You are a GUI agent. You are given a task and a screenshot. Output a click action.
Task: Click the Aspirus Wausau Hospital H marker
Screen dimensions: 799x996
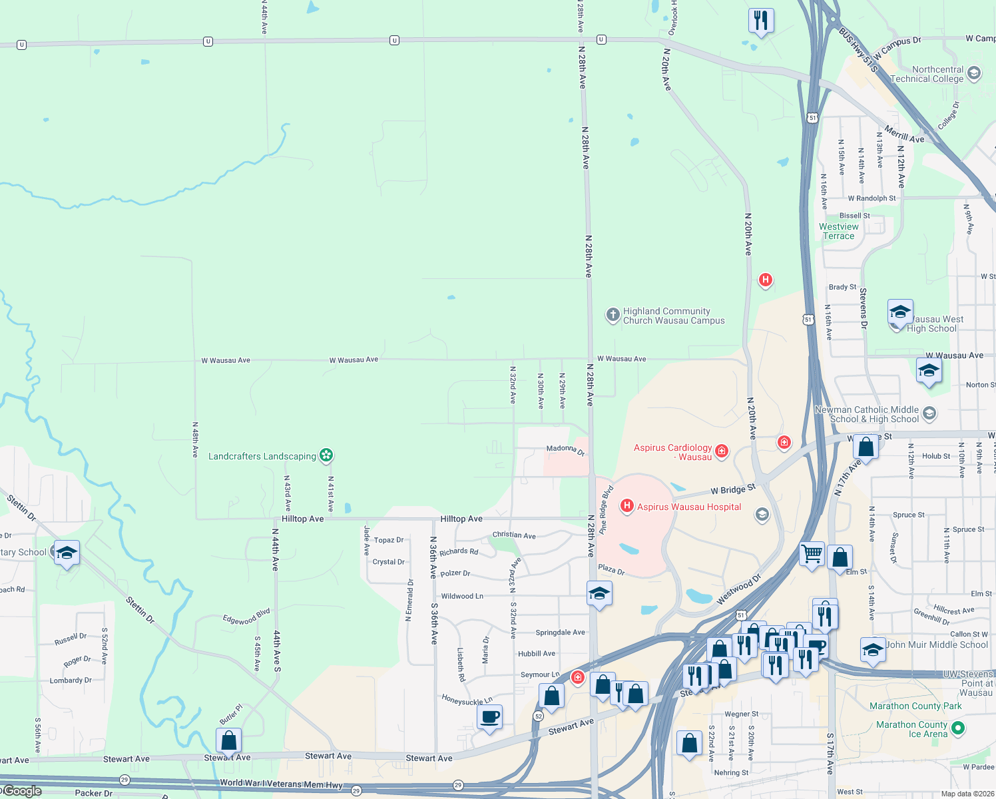(626, 507)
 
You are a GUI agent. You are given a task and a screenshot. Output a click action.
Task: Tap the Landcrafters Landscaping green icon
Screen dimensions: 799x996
(326, 455)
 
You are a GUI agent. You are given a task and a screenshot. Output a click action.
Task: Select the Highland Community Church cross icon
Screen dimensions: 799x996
(613, 315)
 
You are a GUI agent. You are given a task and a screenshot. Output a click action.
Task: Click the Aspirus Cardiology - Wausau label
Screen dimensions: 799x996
(672, 452)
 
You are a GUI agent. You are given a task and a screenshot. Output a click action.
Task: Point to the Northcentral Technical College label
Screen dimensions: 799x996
(927, 74)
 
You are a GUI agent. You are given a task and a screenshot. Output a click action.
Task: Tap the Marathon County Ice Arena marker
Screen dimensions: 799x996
(958, 728)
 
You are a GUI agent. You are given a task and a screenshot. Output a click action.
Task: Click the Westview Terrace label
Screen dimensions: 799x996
(838, 231)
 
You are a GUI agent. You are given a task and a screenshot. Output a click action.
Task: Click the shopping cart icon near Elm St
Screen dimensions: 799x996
(812, 554)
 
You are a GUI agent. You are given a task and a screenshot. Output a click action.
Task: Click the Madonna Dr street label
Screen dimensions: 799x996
(565, 450)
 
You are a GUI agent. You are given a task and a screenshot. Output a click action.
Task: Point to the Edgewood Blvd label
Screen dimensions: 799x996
(246, 617)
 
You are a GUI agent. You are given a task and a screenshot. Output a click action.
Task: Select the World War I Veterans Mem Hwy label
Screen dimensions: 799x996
(281, 784)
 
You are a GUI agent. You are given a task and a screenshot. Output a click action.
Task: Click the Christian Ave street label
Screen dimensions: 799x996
(514, 535)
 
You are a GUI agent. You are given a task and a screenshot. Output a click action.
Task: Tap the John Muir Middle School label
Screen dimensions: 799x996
(937, 645)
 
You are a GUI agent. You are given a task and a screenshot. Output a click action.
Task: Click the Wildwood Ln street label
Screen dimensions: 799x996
(462, 596)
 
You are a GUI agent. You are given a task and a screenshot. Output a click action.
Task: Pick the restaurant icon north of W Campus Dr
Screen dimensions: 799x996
(761, 21)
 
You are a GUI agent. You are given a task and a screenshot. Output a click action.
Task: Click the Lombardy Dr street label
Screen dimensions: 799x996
(71, 680)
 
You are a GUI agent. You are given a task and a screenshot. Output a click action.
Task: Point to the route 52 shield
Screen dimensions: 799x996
(538, 716)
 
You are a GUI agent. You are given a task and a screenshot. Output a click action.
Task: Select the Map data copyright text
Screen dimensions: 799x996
(967, 794)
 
